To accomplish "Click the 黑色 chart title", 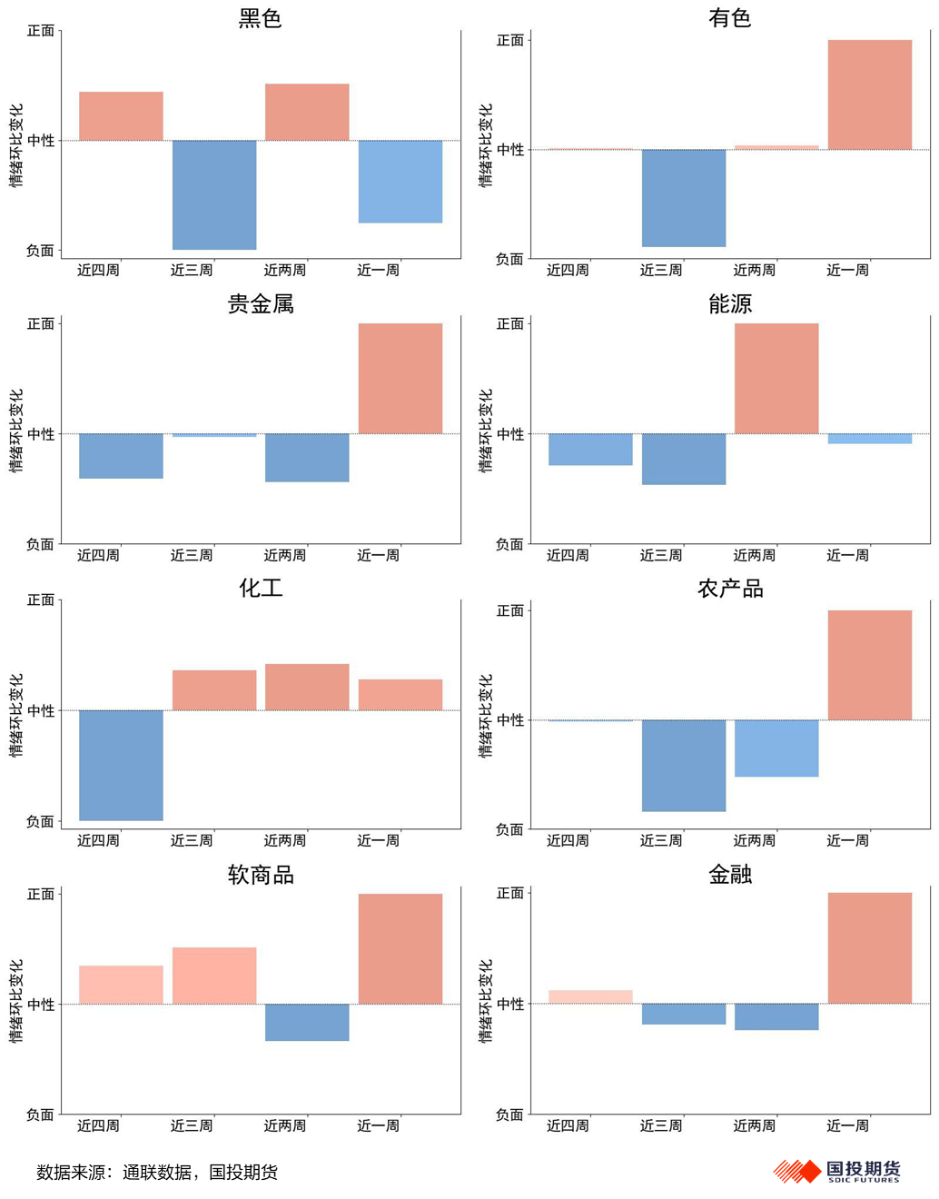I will [261, 18].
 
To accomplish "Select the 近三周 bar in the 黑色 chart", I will [214, 194].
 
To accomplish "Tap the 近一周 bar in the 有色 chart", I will [869, 94].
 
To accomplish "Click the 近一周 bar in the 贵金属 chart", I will [400, 378].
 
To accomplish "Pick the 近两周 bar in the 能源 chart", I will [776, 378].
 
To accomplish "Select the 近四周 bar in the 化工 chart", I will [121, 765].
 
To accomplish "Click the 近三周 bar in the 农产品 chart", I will [684, 765].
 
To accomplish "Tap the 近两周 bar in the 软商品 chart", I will [307, 1022].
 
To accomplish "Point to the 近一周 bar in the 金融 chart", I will [869, 947].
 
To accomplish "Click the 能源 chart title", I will [730, 303].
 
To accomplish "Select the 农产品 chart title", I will [730, 589].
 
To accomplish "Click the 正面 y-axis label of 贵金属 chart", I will [41, 324].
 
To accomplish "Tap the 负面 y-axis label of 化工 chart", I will [41, 821].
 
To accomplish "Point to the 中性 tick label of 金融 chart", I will [510, 1004].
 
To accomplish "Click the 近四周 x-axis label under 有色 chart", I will [568, 270].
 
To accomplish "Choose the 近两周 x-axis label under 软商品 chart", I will [285, 1125].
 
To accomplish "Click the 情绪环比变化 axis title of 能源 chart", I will [486, 431].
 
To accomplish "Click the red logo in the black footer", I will [796, 1171].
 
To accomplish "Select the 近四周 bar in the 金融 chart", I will [590, 996].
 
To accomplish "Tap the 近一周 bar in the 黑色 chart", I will [400, 181].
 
